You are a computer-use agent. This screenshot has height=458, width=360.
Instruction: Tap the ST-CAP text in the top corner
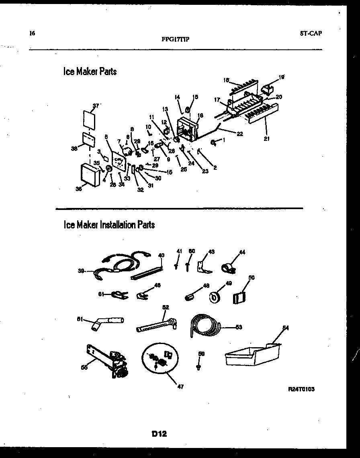pos(311,34)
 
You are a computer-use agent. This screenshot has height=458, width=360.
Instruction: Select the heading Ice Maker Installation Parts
pos(109,225)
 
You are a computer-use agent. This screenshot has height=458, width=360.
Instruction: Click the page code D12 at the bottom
pos(159,434)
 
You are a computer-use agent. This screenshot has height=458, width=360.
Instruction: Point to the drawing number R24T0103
pos(301,389)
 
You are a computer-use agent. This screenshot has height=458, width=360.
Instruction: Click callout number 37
pos(95,106)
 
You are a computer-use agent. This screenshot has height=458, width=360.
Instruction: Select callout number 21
pos(267,139)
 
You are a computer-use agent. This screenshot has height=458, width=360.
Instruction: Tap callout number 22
pos(239,134)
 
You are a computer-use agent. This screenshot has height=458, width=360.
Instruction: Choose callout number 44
pos(242,252)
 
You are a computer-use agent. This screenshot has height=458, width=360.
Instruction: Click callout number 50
pos(252,277)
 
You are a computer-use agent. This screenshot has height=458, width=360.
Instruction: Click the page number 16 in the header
pos(32,34)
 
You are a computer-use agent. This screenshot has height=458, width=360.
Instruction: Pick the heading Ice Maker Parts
pos(90,71)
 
